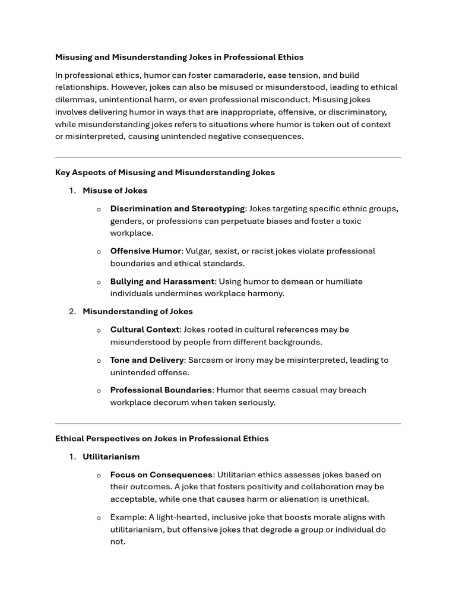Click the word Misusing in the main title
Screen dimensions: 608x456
(74, 57)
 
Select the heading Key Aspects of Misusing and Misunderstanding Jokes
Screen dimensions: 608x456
(164, 172)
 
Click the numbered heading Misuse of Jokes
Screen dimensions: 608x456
(115, 191)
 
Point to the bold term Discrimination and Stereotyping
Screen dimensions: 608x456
(177, 208)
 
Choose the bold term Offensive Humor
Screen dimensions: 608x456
(145, 251)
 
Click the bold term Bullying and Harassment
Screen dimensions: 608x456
(161, 281)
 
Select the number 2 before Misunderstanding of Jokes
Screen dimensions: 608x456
(72, 311)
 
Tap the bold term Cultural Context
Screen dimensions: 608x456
(144, 330)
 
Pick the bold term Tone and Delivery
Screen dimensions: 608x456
(147, 360)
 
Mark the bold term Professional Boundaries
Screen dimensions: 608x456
(161, 390)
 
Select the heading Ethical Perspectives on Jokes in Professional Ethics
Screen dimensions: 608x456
(161, 438)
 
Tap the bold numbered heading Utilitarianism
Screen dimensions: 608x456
(111, 457)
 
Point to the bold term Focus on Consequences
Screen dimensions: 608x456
(161, 474)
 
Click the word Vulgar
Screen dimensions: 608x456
(199, 251)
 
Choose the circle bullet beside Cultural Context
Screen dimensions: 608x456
(99, 330)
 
